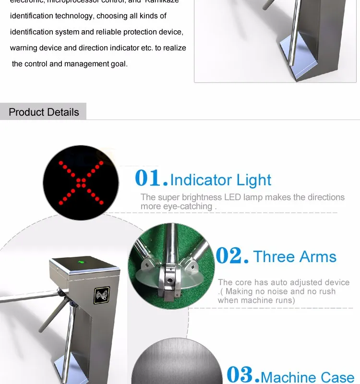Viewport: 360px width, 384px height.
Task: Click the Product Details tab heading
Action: coord(44,112)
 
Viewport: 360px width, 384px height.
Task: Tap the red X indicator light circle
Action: coord(81,182)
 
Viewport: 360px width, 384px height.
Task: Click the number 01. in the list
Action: coord(151,179)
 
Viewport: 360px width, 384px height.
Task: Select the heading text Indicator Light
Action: coord(220,180)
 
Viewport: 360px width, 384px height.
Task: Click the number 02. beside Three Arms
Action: coord(232,256)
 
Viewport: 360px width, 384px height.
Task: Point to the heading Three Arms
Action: coord(295,257)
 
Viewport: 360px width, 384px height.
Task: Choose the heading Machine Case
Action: coord(307,377)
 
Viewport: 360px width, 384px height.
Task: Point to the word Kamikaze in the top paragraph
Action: coord(159,1)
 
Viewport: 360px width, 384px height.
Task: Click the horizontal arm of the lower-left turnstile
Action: coord(24,297)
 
